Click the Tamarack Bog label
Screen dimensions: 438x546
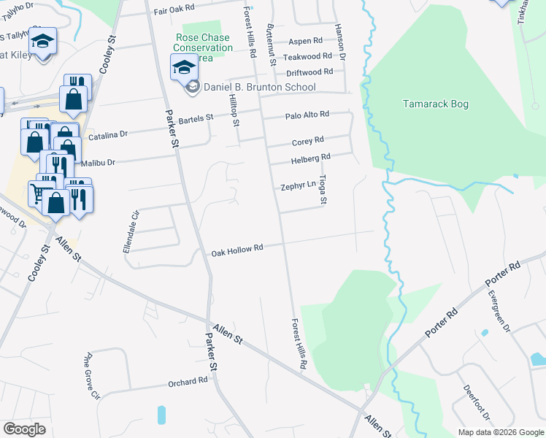tap(436, 104)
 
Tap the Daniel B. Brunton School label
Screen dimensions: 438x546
tap(259, 88)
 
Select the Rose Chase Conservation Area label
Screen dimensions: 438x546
tap(204, 47)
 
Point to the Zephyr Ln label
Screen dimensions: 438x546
tap(298, 187)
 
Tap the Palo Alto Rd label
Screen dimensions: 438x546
tap(307, 115)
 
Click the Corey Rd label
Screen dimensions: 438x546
tap(307, 141)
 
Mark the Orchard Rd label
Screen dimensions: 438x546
tap(188, 382)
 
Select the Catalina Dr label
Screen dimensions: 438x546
tap(108, 135)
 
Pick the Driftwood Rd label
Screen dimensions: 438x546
tap(309, 72)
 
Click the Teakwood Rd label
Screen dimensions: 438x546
tap(307, 56)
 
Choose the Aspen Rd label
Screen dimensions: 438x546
tap(305, 42)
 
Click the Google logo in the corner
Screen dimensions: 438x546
tap(24, 429)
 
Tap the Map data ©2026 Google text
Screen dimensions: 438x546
tap(500, 432)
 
